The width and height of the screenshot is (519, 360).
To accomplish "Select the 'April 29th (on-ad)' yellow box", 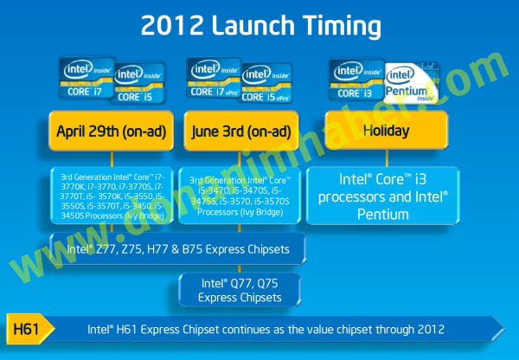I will pyautogui.click(x=112, y=132).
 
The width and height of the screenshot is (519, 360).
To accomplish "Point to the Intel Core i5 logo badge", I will pyautogui.click(x=140, y=85).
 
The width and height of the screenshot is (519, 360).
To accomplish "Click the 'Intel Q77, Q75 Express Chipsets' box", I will pyautogui.click(x=240, y=289).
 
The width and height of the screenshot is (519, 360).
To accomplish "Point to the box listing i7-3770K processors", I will pyautogui.click(x=112, y=197).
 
